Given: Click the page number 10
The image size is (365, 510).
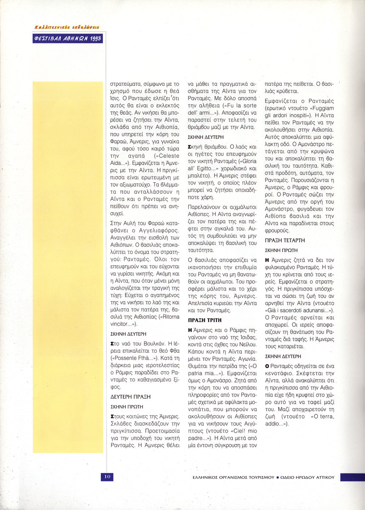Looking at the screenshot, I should pos(107,476).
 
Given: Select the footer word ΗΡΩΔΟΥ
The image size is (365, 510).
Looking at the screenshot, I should pos(302,477).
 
